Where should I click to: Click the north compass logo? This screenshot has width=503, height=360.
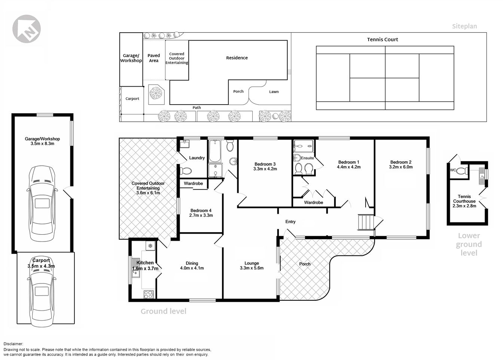[27, 29]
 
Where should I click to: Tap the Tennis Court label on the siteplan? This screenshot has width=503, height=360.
[382, 39]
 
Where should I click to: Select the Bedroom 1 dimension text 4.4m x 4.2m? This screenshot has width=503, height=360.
[348, 167]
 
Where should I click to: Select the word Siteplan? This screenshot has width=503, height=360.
[464, 26]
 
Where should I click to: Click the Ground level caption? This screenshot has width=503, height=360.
[163, 311]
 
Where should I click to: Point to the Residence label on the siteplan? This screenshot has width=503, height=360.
[237, 58]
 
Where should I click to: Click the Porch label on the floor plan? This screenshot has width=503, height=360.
[305, 264]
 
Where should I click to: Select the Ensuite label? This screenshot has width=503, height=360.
[307, 158]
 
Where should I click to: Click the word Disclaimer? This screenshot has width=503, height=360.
[13, 344]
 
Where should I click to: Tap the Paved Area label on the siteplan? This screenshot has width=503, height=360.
[153, 58]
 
